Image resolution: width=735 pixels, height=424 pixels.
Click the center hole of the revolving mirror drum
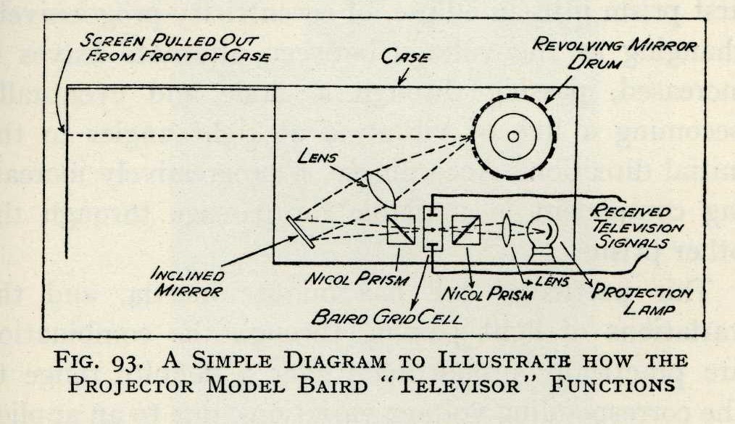512,136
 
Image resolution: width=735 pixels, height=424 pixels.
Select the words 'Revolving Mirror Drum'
615,52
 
